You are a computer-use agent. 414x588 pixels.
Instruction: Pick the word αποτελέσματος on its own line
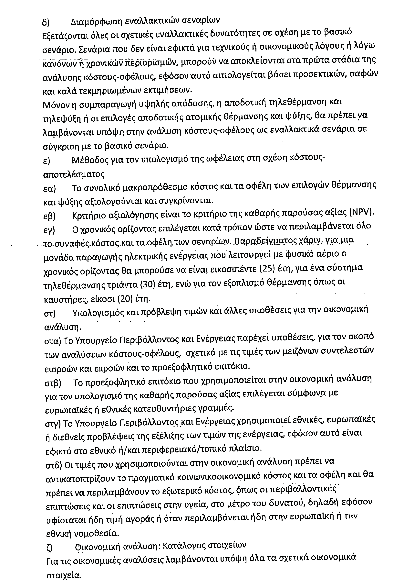(x=74, y=174)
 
